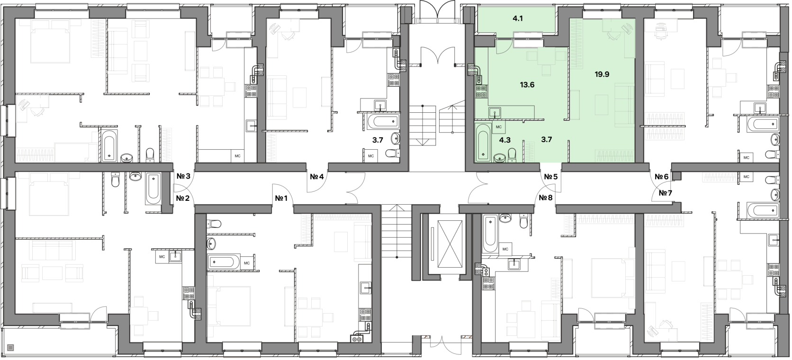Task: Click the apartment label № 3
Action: click(x=183, y=176)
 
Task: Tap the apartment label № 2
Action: click(x=183, y=198)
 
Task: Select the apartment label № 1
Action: click(x=281, y=198)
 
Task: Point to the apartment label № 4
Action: click(x=317, y=176)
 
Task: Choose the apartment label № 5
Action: click(x=551, y=176)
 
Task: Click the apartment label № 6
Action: click(x=662, y=176)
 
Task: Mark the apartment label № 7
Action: click(x=666, y=193)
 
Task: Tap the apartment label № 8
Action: click(x=546, y=198)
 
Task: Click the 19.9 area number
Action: click(x=602, y=74)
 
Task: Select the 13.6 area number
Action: click(x=527, y=85)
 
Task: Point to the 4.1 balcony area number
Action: click(x=518, y=19)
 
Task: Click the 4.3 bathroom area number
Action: click(x=505, y=140)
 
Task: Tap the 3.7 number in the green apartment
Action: click(x=547, y=140)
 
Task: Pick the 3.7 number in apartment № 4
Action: click(x=378, y=140)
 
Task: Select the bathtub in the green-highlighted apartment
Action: click(x=483, y=143)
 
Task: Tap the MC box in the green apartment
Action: click(x=499, y=127)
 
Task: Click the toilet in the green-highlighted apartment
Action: click(x=513, y=155)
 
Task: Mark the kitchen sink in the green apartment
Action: click(x=494, y=113)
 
